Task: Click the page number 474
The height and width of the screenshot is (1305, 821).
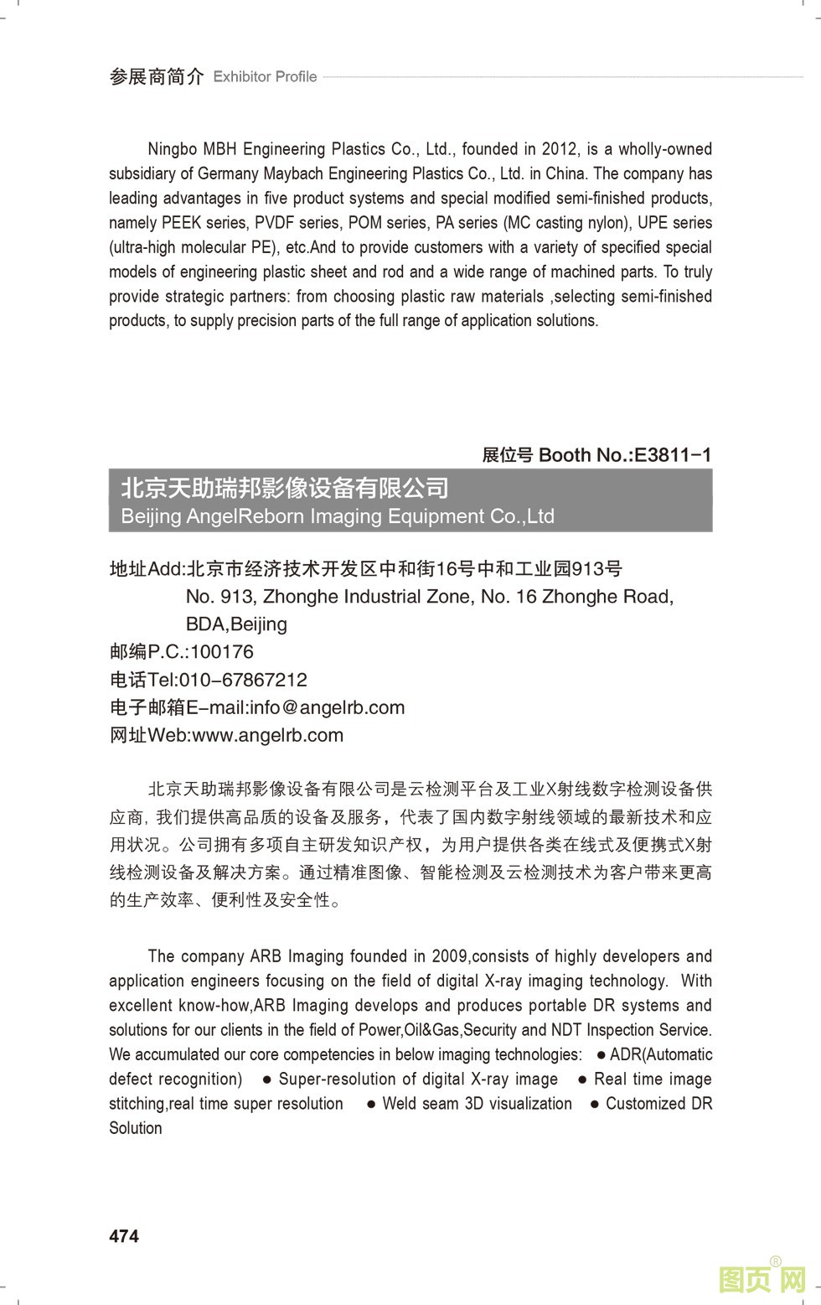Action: (x=124, y=1235)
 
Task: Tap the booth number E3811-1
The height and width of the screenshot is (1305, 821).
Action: (x=673, y=455)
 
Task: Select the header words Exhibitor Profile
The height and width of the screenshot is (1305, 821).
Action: (x=265, y=77)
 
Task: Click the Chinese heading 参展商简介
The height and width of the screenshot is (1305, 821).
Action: (x=157, y=77)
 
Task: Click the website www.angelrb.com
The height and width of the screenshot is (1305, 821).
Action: (x=267, y=735)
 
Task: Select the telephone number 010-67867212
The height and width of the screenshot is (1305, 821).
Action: (x=243, y=680)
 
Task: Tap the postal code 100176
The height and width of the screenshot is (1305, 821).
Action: (x=221, y=652)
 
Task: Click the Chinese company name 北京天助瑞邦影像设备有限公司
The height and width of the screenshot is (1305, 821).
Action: (x=285, y=488)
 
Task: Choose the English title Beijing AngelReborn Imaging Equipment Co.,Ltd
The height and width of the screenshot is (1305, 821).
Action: (x=338, y=516)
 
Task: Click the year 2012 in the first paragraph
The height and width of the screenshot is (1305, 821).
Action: (x=559, y=149)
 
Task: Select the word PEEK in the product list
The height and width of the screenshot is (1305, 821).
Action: (x=181, y=223)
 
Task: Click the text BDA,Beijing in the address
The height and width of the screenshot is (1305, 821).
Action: (x=236, y=624)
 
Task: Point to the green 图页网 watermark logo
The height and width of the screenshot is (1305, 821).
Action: (x=762, y=1279)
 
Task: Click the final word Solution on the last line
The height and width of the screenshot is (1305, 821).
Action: (x=136, y=1128)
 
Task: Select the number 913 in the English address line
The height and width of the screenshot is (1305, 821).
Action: (x=235, y=597)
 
